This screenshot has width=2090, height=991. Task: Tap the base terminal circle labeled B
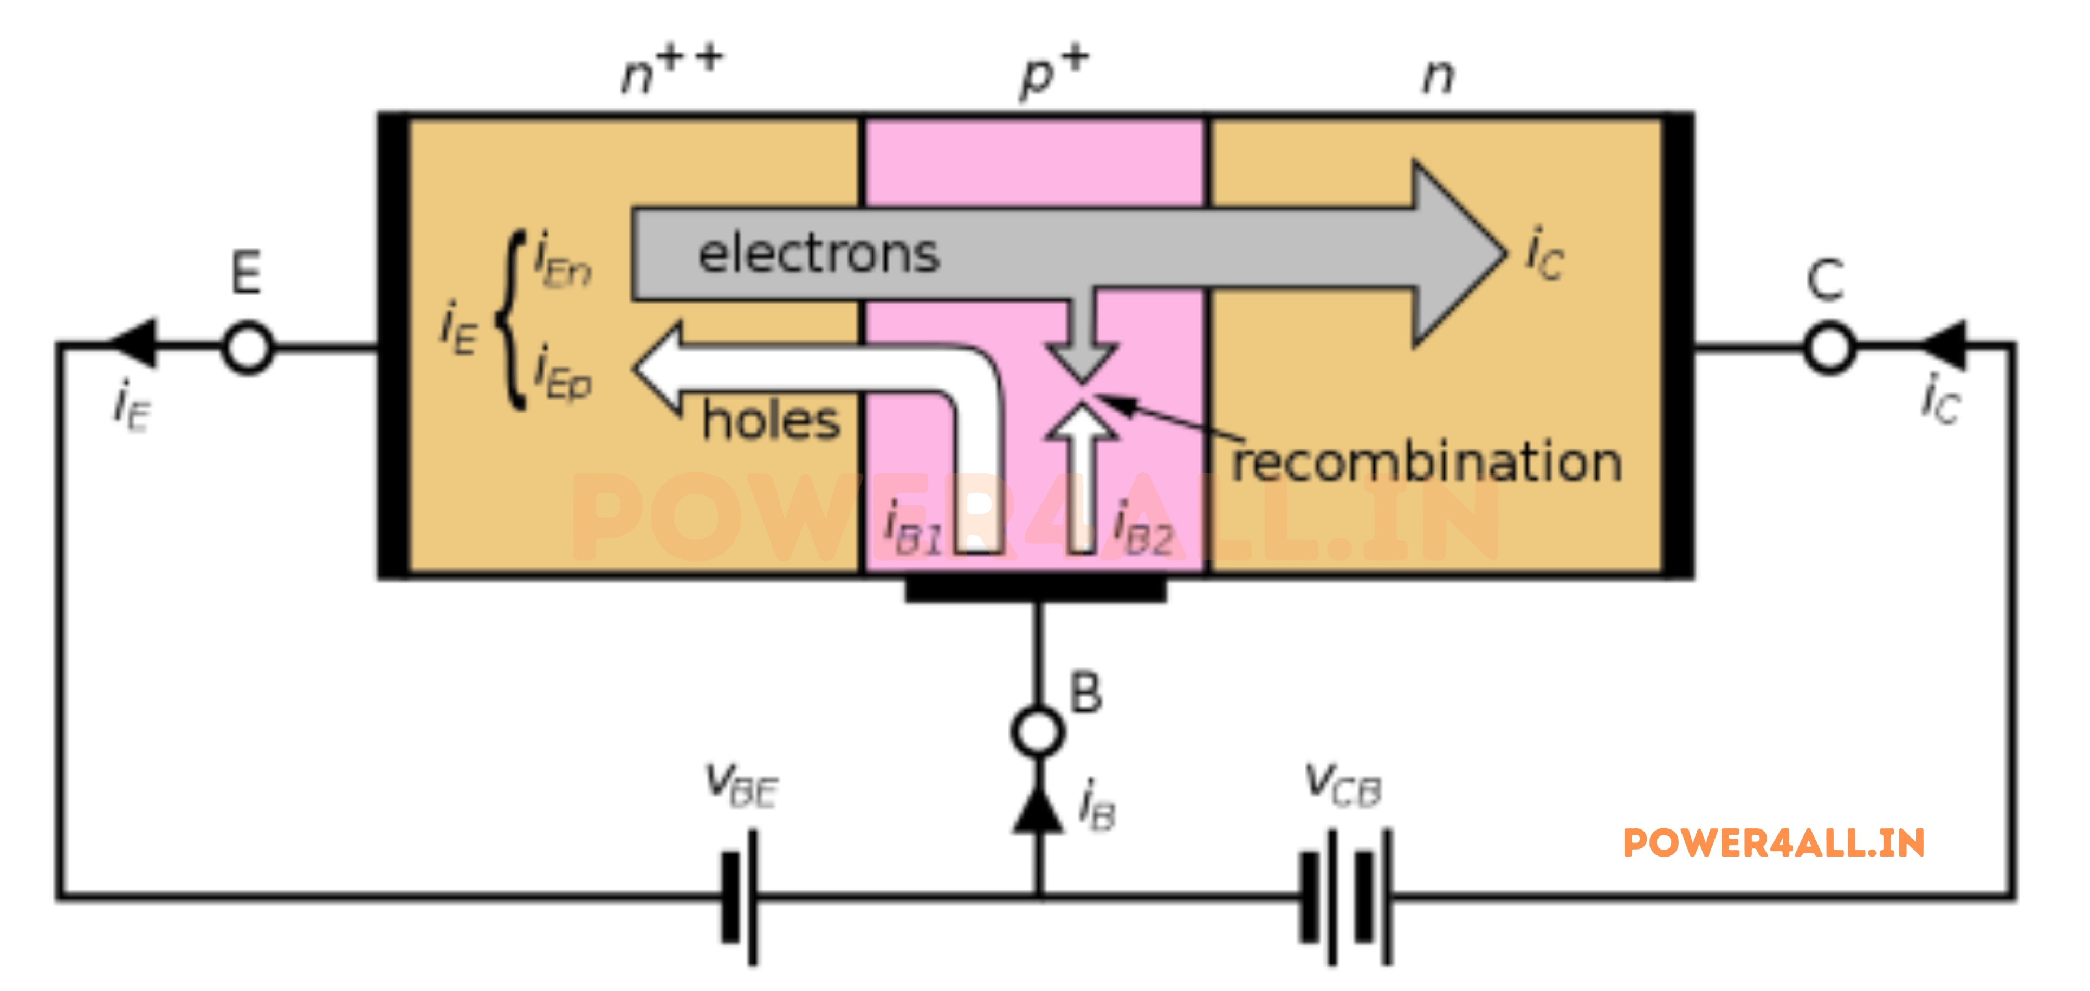pyautogui.click(x=1038, y=731)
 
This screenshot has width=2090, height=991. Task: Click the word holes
pyautogui.click(x=771, y=421)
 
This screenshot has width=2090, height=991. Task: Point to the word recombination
pyautogui.click(x=1426, y=462)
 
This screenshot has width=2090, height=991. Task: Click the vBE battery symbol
pyautogui.click(x=740, y=896)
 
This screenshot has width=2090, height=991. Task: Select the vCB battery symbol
pyautogui.click(x=1345, y=896)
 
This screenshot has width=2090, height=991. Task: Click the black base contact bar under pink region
pyautogui.click(x=1036, y=588)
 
